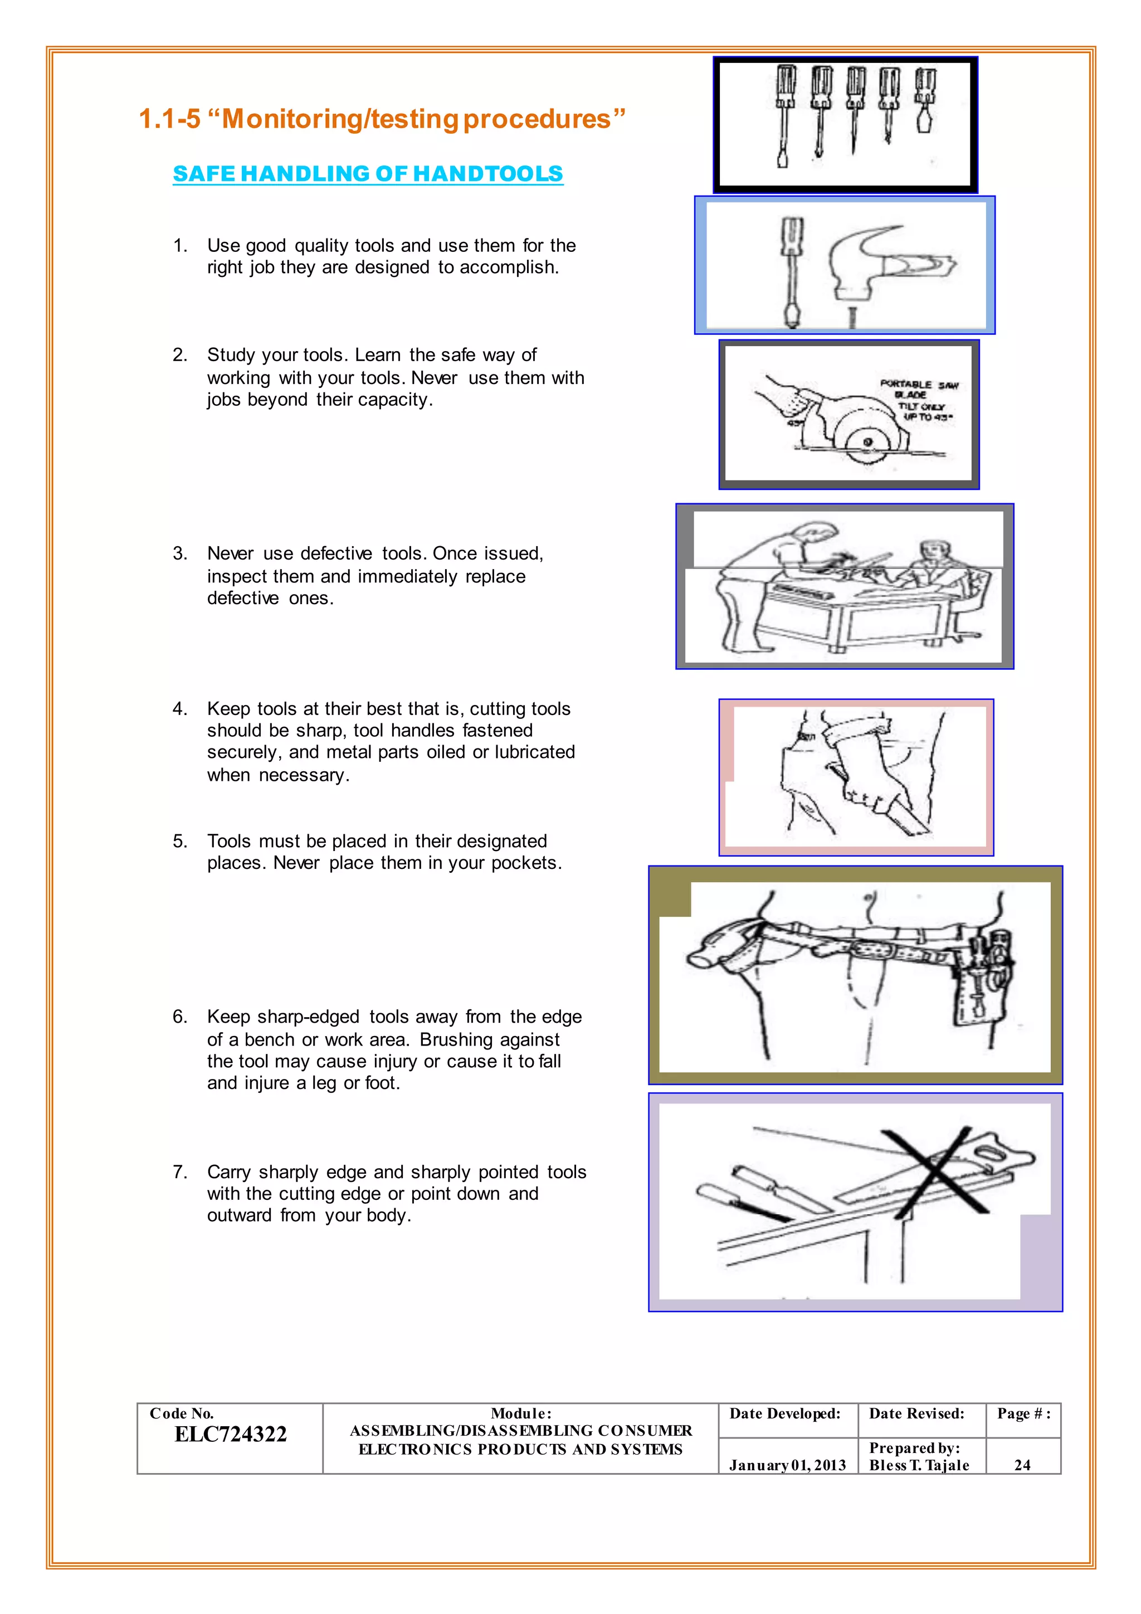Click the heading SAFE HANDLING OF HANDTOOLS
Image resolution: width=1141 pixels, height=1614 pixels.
click(x=368, y=174)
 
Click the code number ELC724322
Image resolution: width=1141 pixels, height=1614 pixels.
click(x=231, y=1434)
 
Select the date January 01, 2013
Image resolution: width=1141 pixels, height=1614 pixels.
click(x=787, y=1465)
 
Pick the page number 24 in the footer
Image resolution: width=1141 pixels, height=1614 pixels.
click(x=1022, y=1465)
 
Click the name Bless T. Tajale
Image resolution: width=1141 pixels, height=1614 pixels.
click(x=918, y=1465)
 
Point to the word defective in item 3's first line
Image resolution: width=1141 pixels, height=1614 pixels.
click(x=337, y=554)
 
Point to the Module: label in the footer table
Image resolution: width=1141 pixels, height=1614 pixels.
click(x=520, y=1414)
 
